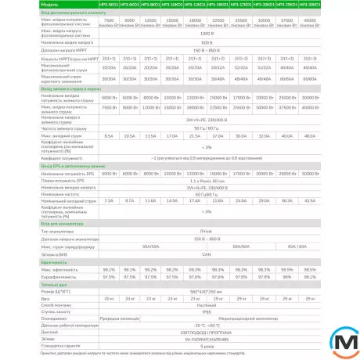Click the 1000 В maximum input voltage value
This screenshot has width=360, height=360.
[x=207, y=34]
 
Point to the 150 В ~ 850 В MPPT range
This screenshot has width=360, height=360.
[x=207, y=49]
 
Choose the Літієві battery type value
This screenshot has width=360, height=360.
[x=207, y=234]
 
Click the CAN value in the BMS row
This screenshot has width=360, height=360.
[x=207, y=254]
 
